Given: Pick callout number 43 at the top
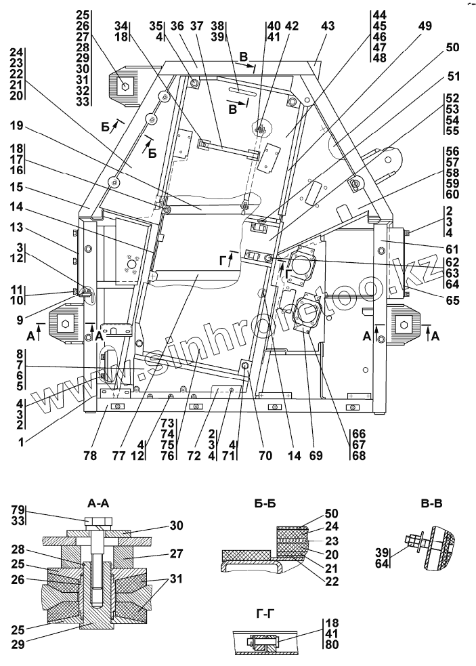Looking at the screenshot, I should point(328,26).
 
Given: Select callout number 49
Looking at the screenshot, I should point(425,26).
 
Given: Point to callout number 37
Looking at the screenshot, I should point(196,26).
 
